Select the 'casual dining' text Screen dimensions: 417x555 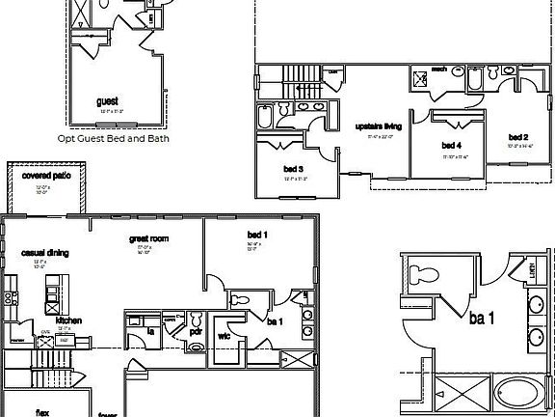[x=42, y=253]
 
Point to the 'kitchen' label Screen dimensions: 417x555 [x=67, y=320]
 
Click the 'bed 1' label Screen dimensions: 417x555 [x=257, y=236]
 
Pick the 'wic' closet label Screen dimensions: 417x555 [x=224, y=336]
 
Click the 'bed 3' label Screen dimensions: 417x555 [x=294, y=169]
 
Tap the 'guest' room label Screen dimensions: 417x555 [x=108, y=101]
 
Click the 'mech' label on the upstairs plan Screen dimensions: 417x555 [x=438, y=69]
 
